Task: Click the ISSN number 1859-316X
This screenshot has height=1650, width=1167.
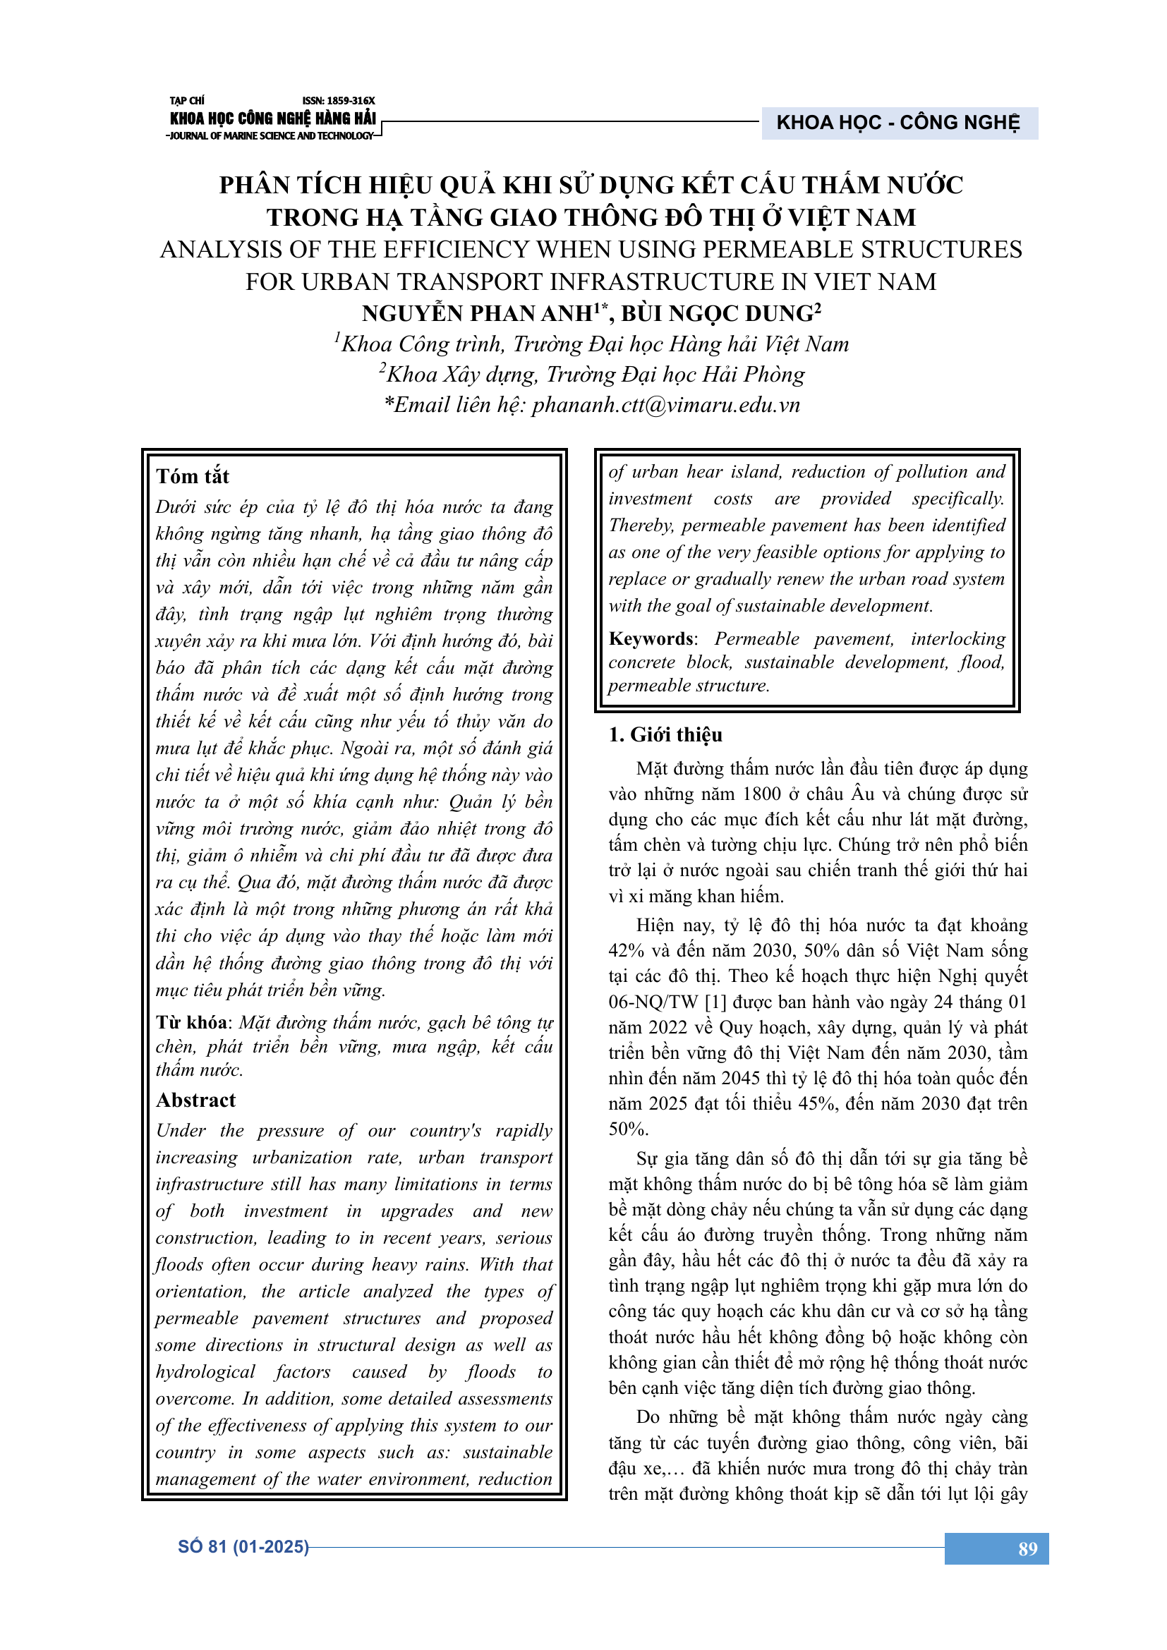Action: click(x=339, y=101)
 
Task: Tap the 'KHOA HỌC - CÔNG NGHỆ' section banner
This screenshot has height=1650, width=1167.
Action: click(x=897, y=123)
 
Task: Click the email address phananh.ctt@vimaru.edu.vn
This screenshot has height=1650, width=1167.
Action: click(x=665, y=406)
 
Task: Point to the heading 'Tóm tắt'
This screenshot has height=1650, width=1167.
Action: click(x=193, y=476)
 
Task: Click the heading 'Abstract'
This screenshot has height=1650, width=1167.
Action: click(x=195, y=1100)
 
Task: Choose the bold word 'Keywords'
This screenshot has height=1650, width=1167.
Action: click(x=651, y=638)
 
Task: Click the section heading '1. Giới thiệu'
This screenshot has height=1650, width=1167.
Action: click(x=665, y=734)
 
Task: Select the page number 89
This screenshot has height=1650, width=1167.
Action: click(x=1027, y=1548)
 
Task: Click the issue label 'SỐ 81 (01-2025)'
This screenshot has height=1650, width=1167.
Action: click(x=243, y=1546)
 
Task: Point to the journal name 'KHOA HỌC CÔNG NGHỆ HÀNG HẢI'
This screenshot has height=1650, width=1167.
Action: click(x=272, y=118)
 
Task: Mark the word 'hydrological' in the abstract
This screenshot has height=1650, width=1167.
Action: click(x=205, y=1372)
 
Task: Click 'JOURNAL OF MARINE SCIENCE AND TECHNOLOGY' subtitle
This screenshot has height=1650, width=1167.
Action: click(x=270, y=136)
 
